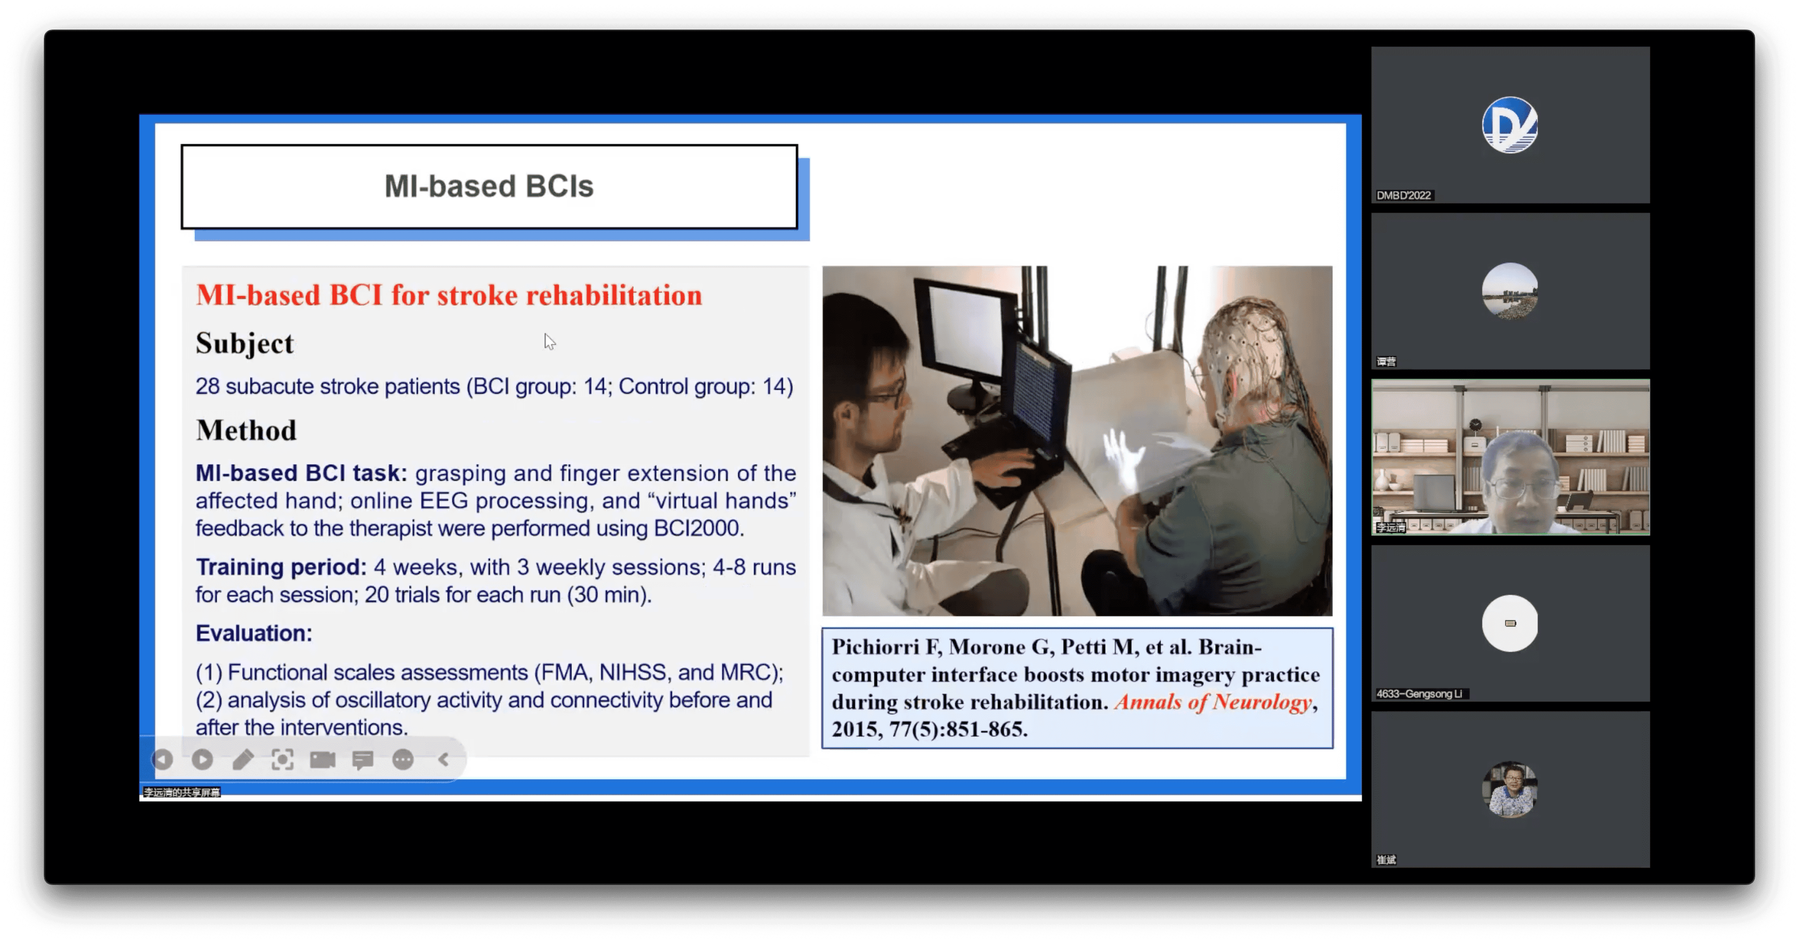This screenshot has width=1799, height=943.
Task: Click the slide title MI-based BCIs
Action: click(489, 186)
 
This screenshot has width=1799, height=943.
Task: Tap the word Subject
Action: click(244, 343)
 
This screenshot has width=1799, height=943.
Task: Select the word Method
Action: click(246, 431)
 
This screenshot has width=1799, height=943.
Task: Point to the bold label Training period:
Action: click(281, 567)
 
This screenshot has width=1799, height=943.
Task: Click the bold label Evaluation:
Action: click(253, 633)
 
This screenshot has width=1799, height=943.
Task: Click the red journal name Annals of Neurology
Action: click(1213, 702)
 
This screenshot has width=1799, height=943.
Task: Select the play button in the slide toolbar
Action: click(203, 759)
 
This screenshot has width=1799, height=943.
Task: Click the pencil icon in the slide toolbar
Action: click(242, 759)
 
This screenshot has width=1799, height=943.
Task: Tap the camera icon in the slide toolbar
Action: click(323, 759)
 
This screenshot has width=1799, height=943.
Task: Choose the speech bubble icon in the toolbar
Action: click(363, 759)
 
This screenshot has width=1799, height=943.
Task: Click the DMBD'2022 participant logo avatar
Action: click(1510, 125)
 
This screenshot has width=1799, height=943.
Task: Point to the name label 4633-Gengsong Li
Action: click(1419, 694)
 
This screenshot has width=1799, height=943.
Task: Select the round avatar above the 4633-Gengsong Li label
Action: click(1510, 623)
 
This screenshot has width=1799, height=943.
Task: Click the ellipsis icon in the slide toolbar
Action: click(403, 759)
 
